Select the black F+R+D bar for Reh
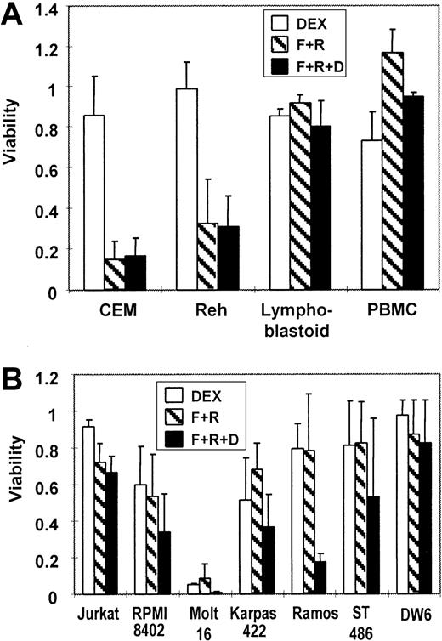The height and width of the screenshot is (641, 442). coord(229,258)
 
